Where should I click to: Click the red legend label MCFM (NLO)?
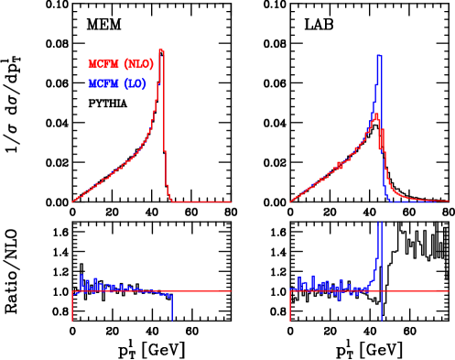(x=120, y=65)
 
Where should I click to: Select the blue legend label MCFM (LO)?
(x=116, y=84)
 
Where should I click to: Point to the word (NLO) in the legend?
(x=138, y=65)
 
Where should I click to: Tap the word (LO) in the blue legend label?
(x=135, y=84)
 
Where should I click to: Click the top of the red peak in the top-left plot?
(x=161, y=50)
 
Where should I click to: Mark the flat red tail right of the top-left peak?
(x=201, y=202)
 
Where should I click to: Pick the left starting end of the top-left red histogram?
(x=72, y=202)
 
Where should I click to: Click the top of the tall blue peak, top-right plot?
(x=379, y=56)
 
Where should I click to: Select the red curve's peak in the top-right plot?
(x=375, y=115)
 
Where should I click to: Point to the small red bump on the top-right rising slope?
(x=338, y=164)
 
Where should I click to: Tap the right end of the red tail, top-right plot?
(x=447, y=201)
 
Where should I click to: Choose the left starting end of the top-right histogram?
(x=290, y=202)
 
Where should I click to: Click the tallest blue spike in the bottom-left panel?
(x=81, y=276)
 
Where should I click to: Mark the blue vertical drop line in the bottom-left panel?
(x=171, y=308)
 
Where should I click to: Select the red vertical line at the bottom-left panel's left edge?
(x=72, y=307)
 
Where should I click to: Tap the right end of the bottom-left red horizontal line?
(x=230, y=291)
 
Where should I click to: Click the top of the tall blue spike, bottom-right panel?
(x=380, y=223)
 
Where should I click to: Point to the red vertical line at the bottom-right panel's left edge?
(x=290, y=307)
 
